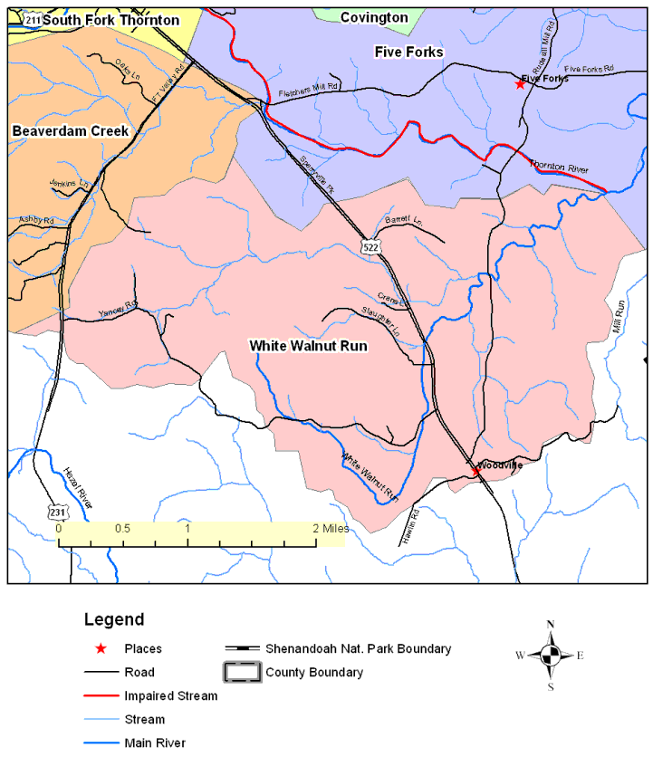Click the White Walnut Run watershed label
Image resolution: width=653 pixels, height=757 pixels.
[x=308, y=346]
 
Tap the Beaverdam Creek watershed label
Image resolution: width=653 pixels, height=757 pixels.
[x=71, y=131]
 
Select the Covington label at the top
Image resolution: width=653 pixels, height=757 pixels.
[x=374, y=17]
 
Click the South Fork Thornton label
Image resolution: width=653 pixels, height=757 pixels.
[x=110, y=19]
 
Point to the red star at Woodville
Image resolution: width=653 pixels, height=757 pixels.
[x=476, y=471]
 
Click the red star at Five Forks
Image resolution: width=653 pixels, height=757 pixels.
[x=520, y=84]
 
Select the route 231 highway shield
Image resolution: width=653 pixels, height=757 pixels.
[x=59, y=513]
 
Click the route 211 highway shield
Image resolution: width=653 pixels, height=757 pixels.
[x=33, y=19]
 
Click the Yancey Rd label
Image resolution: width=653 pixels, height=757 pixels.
[x=117, y=310]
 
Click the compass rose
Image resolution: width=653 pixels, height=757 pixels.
[x=551, y=656]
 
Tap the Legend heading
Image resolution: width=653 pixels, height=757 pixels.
[x=113, y=620]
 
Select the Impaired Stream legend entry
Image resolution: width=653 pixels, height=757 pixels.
[x=171, y=696]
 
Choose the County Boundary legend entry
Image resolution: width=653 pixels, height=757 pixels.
[x=313, y=672]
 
